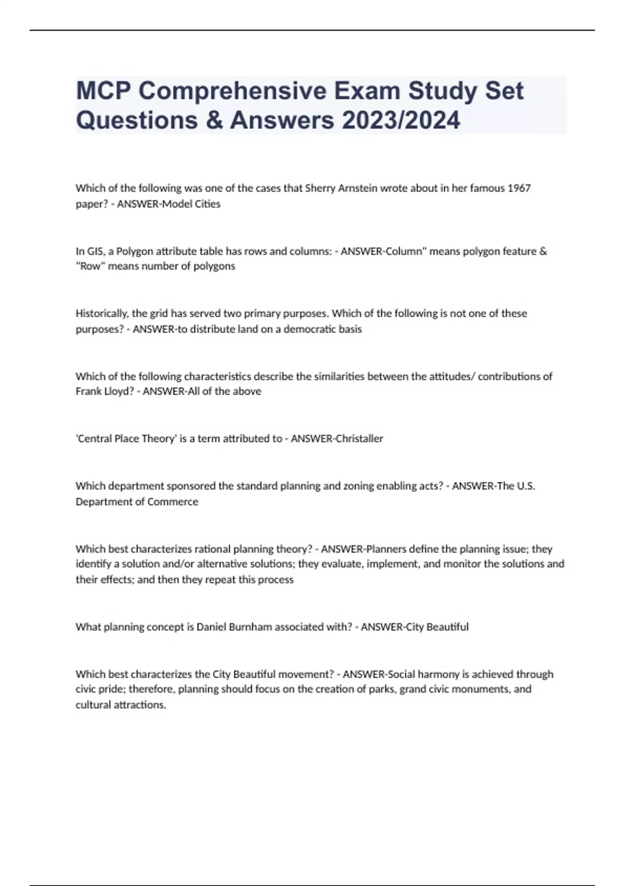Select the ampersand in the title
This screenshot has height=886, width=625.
214,120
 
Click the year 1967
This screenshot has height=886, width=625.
519,188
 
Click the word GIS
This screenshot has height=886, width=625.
95,251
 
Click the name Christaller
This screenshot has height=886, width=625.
359,439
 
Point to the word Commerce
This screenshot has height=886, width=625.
173,502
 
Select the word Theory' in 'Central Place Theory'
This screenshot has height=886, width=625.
158,439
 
